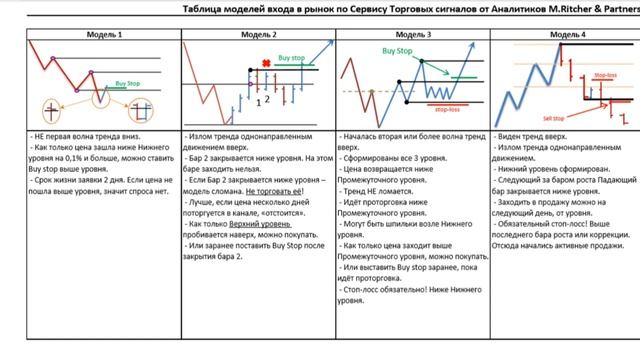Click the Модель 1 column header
point(105,34)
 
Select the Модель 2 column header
point(259,34)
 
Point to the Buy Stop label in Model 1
point(128,82)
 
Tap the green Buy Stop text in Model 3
point(398,49)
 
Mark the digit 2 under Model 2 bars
point(266,98)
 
